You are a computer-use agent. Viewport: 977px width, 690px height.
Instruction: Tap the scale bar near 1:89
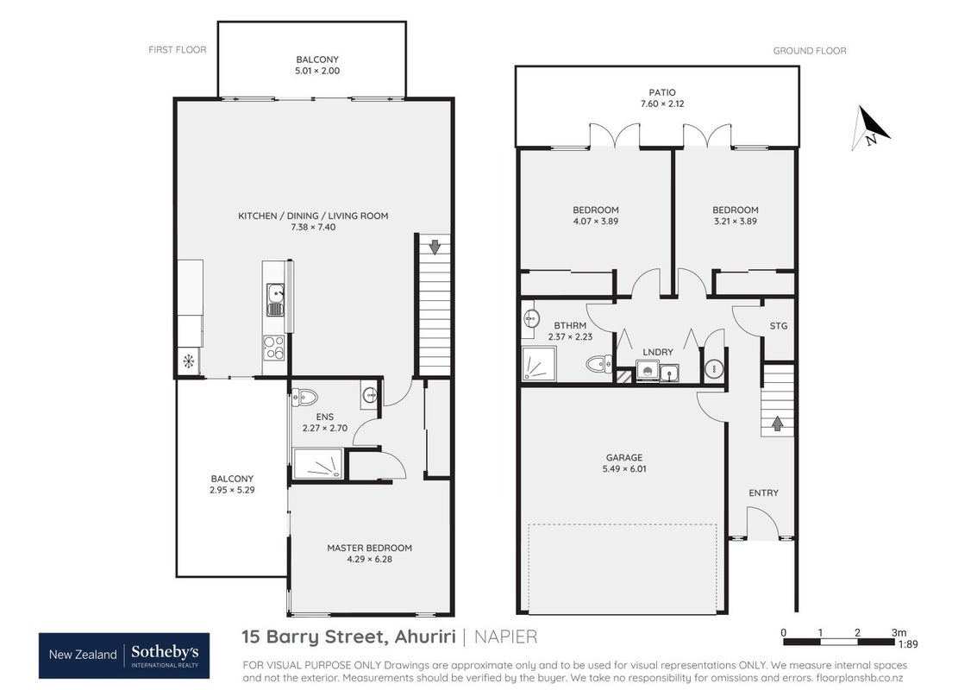pos(839,642)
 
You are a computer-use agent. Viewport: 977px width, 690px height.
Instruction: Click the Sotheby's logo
pos(124,655)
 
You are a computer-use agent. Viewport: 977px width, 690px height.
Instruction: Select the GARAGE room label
pos(623,457)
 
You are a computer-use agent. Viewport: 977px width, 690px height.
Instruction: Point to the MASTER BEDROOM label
pos(369,548)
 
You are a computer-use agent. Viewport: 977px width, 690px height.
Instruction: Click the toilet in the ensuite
pos(304,397)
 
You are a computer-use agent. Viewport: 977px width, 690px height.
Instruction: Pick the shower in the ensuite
pos(318,464)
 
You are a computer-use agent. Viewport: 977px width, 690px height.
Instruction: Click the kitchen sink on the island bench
pos(275,300)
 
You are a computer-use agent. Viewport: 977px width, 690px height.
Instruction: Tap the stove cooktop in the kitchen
pos(274,348)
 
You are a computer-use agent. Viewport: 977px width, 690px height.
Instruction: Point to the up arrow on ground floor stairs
pos(778,423)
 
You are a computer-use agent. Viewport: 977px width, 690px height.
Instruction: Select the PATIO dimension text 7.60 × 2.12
pos(662,104)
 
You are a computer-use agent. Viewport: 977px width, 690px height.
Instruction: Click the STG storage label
pos(779,326)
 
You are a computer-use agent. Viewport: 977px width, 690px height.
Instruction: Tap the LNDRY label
pos(658,352)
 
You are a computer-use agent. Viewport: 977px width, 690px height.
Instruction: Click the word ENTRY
pos(763,493)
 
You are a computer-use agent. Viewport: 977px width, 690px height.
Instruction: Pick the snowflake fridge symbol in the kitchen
pos(188,361)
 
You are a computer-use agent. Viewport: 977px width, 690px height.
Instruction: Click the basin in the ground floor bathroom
pos(530,318)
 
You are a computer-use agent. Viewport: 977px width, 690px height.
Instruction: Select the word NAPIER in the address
pos(506,637)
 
